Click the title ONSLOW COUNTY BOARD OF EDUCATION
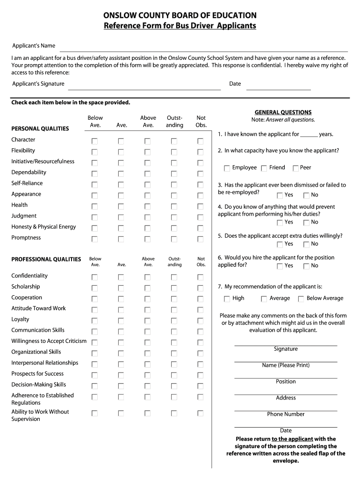point(180,15)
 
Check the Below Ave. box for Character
point(95,141)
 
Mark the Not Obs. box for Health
point(201,207)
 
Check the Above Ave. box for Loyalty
point(148,321)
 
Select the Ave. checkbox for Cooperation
point(121,299)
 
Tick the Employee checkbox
point(227,168)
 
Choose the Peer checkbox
point(295,168)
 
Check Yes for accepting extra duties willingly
point(280,244)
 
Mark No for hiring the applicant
point(306,266)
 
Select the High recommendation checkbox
point(227,299)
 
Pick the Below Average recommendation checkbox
point(301,299)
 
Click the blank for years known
point(309,135)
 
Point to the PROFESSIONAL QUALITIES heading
point(46,259)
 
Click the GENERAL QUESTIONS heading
point(283,112)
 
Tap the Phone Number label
point(286,414)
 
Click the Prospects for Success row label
point(37,374)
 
